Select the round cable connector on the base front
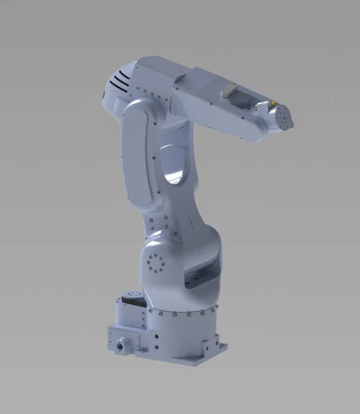(x=121, y=345)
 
